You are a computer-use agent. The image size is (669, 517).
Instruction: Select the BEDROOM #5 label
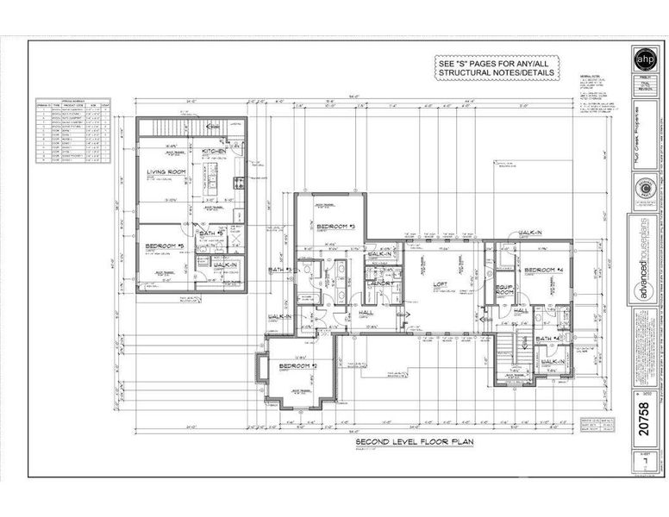[164, 246]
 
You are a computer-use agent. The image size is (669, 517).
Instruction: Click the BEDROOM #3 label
[322, 227]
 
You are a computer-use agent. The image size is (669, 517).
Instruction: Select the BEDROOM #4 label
[544, 270]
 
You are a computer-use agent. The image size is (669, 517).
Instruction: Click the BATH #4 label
[548, 339]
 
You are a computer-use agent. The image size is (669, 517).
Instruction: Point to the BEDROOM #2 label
[297, 367]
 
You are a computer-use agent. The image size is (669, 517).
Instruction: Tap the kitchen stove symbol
[239, 182]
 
